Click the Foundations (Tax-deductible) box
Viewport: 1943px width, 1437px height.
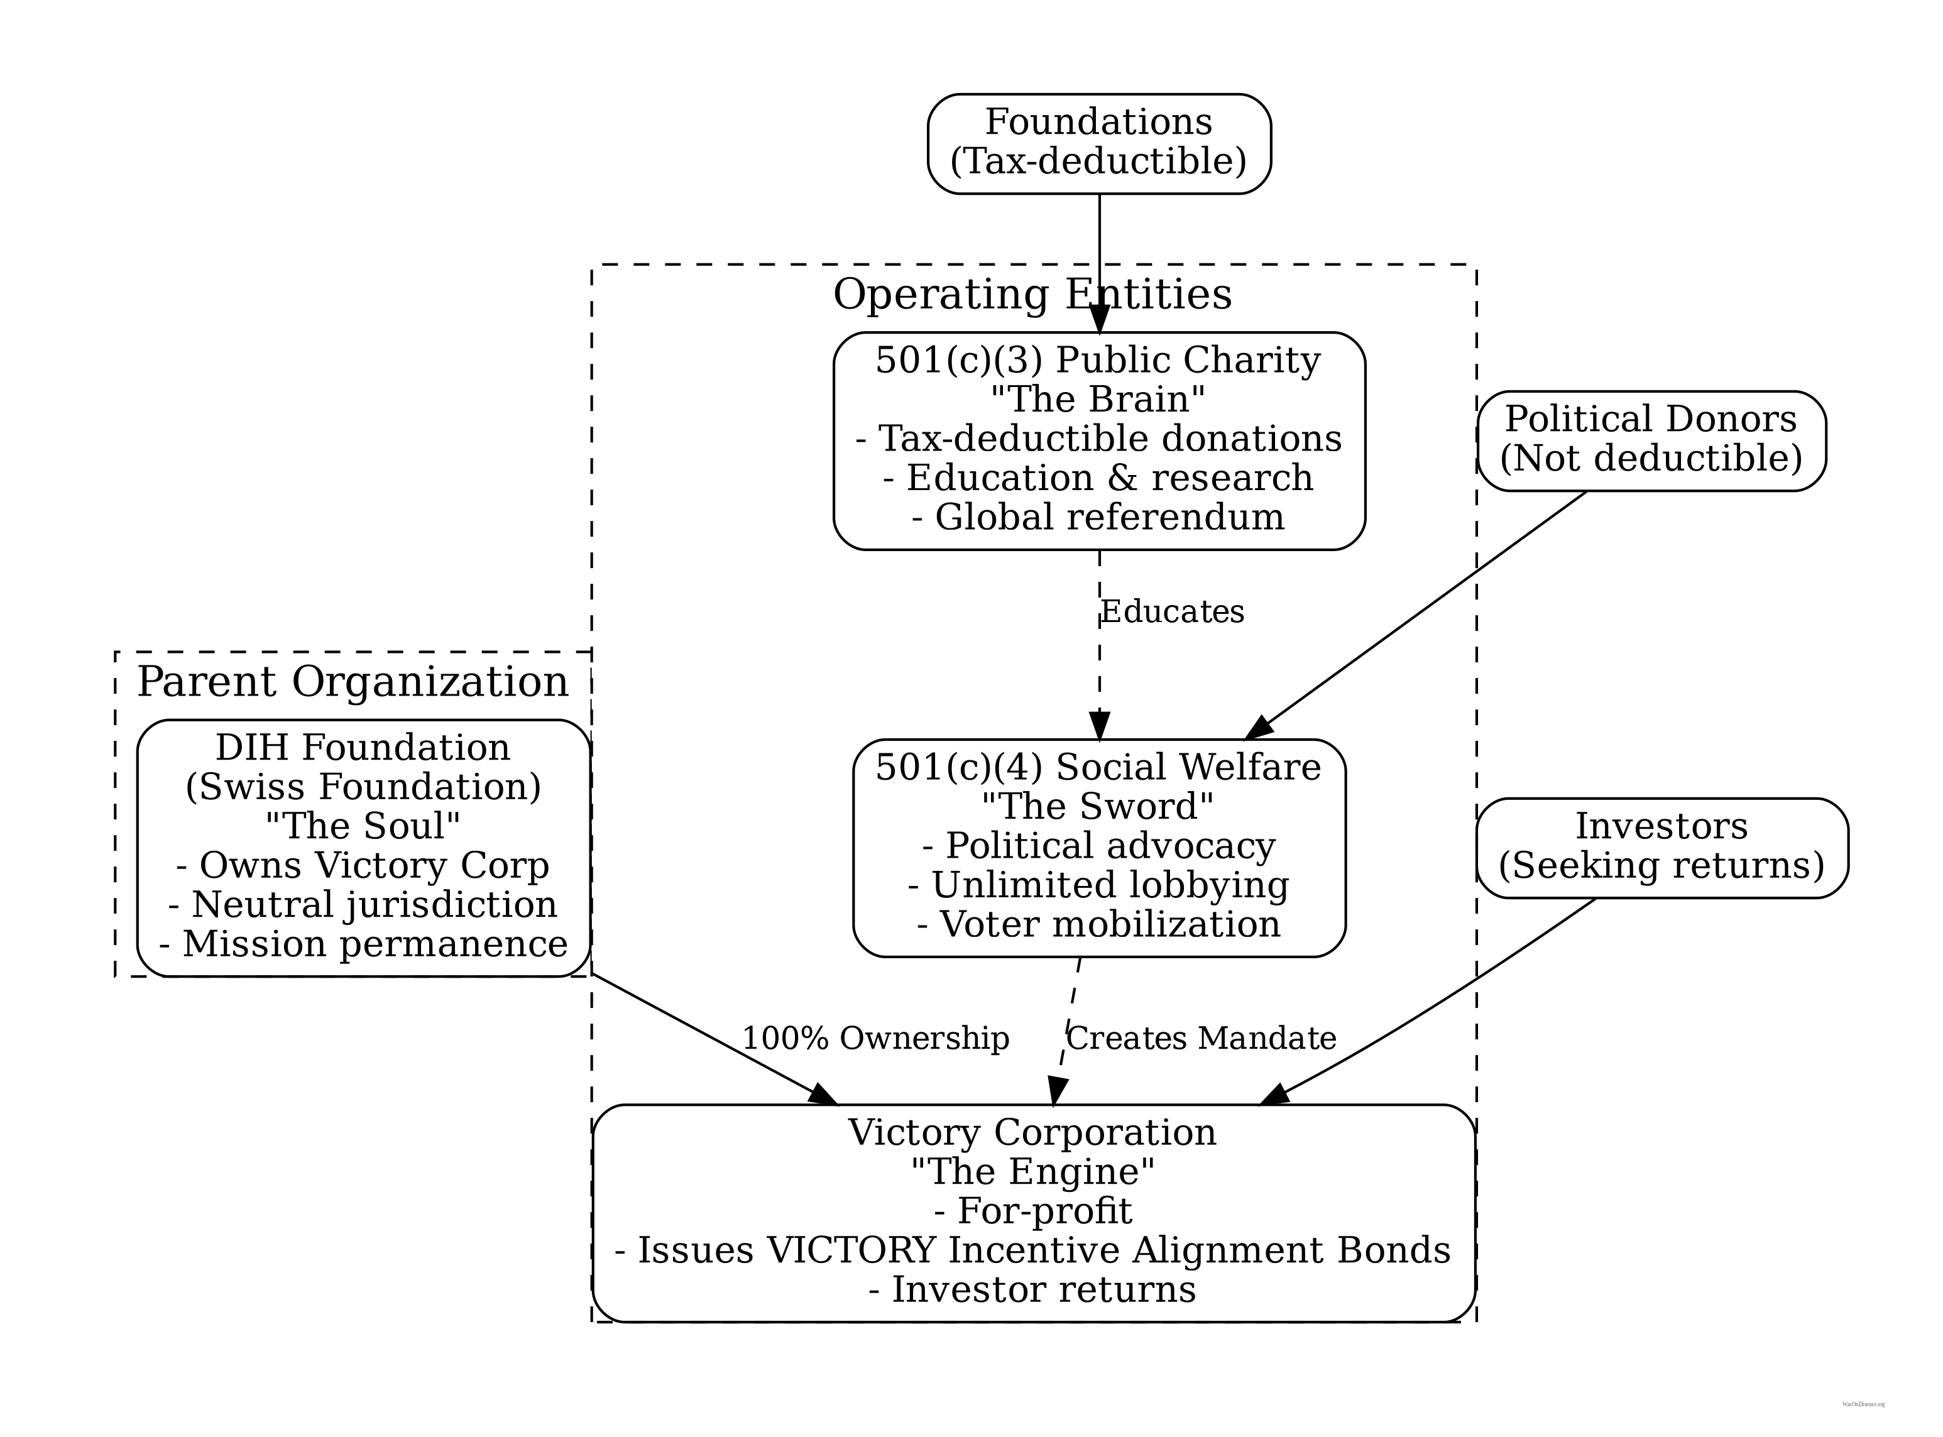(1098, 143)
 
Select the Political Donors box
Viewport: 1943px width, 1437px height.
(1651, 440)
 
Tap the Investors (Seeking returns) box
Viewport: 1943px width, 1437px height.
(1661, 846)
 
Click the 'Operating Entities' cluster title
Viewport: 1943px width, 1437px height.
(1032, 294)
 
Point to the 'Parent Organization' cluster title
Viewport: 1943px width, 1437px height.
(353, 681)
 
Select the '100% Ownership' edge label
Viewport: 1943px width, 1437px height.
(875, 1039)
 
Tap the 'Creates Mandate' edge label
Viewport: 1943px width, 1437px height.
(1200, 1039)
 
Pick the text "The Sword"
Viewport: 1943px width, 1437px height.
(1098, 806)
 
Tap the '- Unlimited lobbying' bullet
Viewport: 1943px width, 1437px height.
(1098, 885)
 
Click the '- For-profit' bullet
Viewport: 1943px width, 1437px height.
(1032, 1211)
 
